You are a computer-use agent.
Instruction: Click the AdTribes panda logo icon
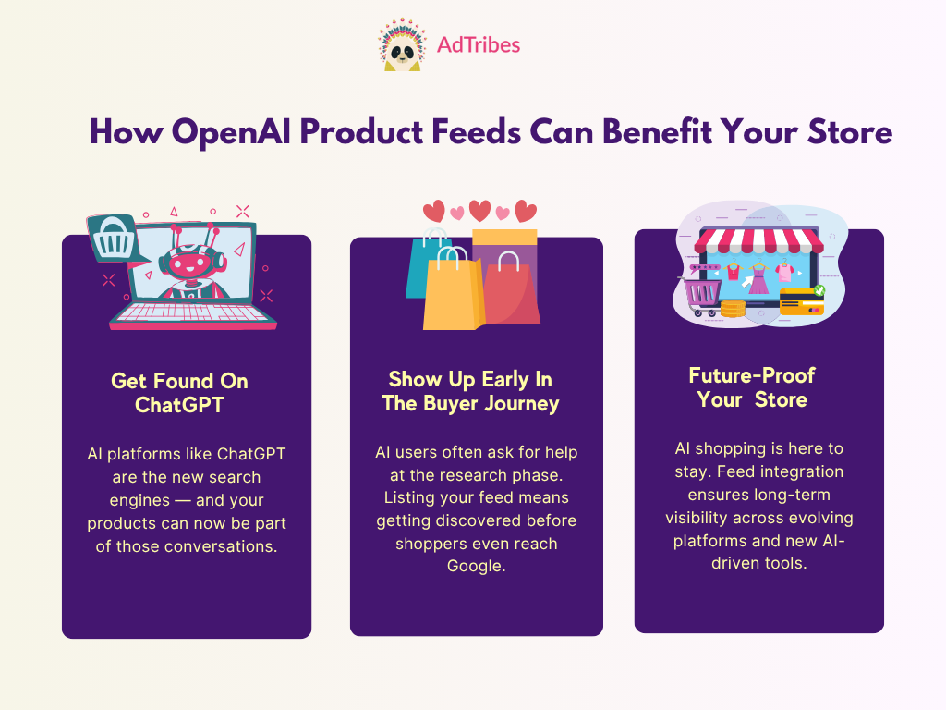click(x=402, y=44)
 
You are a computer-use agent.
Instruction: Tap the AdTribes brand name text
click(x=479, y=44)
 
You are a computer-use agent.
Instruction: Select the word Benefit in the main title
click(x=657, y=131)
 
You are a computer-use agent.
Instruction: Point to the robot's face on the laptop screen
click(x=187, y=264)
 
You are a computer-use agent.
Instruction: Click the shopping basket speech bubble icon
click(x=115, y=239)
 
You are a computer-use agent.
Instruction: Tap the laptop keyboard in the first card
click(x=192, y=312)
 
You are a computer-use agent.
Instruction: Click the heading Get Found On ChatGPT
click(x=180, y=392)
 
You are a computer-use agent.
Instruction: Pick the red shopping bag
click(x=511, y=289)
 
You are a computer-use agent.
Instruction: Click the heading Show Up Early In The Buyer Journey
click(x=470, y=391)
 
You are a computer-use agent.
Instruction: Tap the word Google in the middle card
click(x=476, y=567)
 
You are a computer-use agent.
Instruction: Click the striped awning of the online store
click(x=759, y=240)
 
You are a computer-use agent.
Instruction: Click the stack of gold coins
click(x=733, y=309)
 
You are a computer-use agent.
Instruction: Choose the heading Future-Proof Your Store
click(x=752, y=387)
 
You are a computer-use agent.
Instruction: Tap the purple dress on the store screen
click(x=758, y=279)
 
